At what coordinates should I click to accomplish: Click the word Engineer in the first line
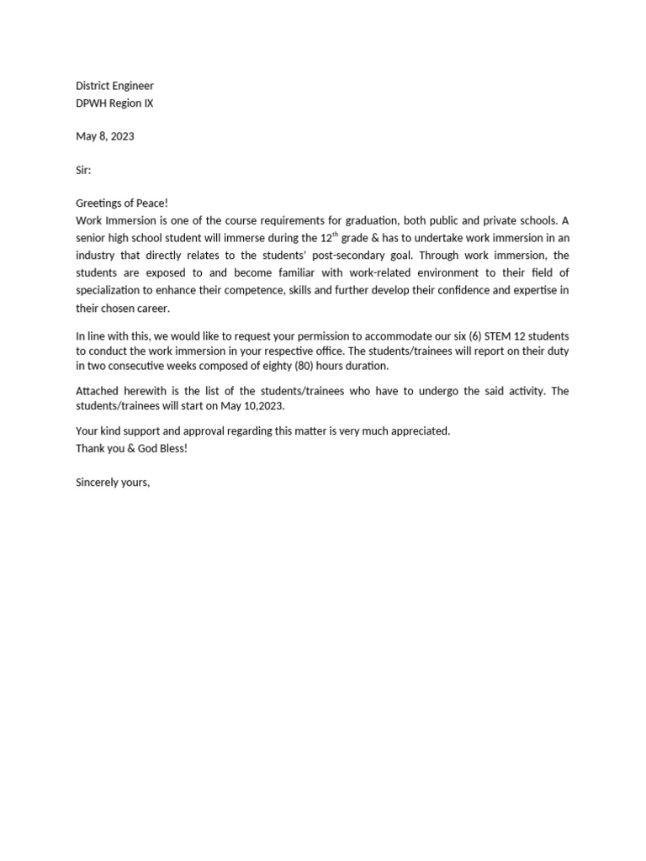(x=134, y=86)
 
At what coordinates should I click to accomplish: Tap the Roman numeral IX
(x=148, y=103)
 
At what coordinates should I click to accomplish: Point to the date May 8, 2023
(x=105, y=136)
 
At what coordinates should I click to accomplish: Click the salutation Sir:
(x=83, y=170)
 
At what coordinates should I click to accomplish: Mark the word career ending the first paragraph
(x=152, y=309)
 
